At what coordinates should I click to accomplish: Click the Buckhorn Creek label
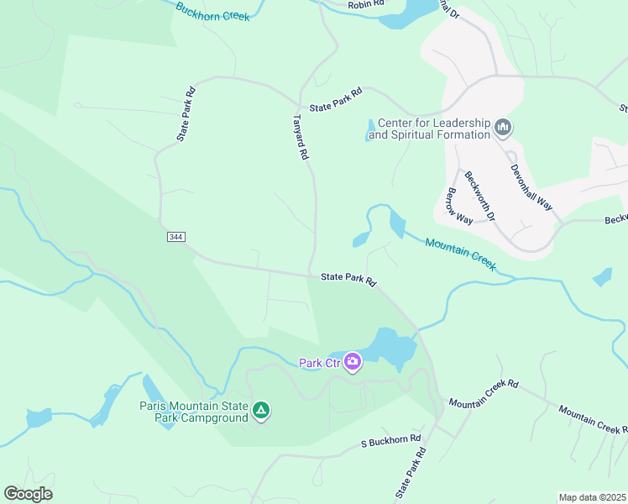tap(212, 12)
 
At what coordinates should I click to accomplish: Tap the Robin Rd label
tap(366, 5)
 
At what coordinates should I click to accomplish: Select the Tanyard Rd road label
tap(301, 138)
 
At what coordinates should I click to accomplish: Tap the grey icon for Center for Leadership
tap(504, 128)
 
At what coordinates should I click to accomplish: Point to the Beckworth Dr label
tap(479, 196)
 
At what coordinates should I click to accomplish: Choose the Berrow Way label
tap(458, 206)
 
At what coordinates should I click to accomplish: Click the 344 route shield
tap(175, 237)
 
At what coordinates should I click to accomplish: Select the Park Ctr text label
tap(319, 363)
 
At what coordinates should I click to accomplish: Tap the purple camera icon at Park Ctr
tap(352, 362)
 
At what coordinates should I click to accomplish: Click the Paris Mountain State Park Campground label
tap(193, 412)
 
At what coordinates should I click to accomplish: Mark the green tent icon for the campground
tap(261, 410)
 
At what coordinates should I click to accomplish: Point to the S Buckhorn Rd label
tap(390, 442)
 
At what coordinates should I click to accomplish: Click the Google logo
tap(28, 494)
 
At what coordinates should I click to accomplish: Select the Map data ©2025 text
tap(592, 497)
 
